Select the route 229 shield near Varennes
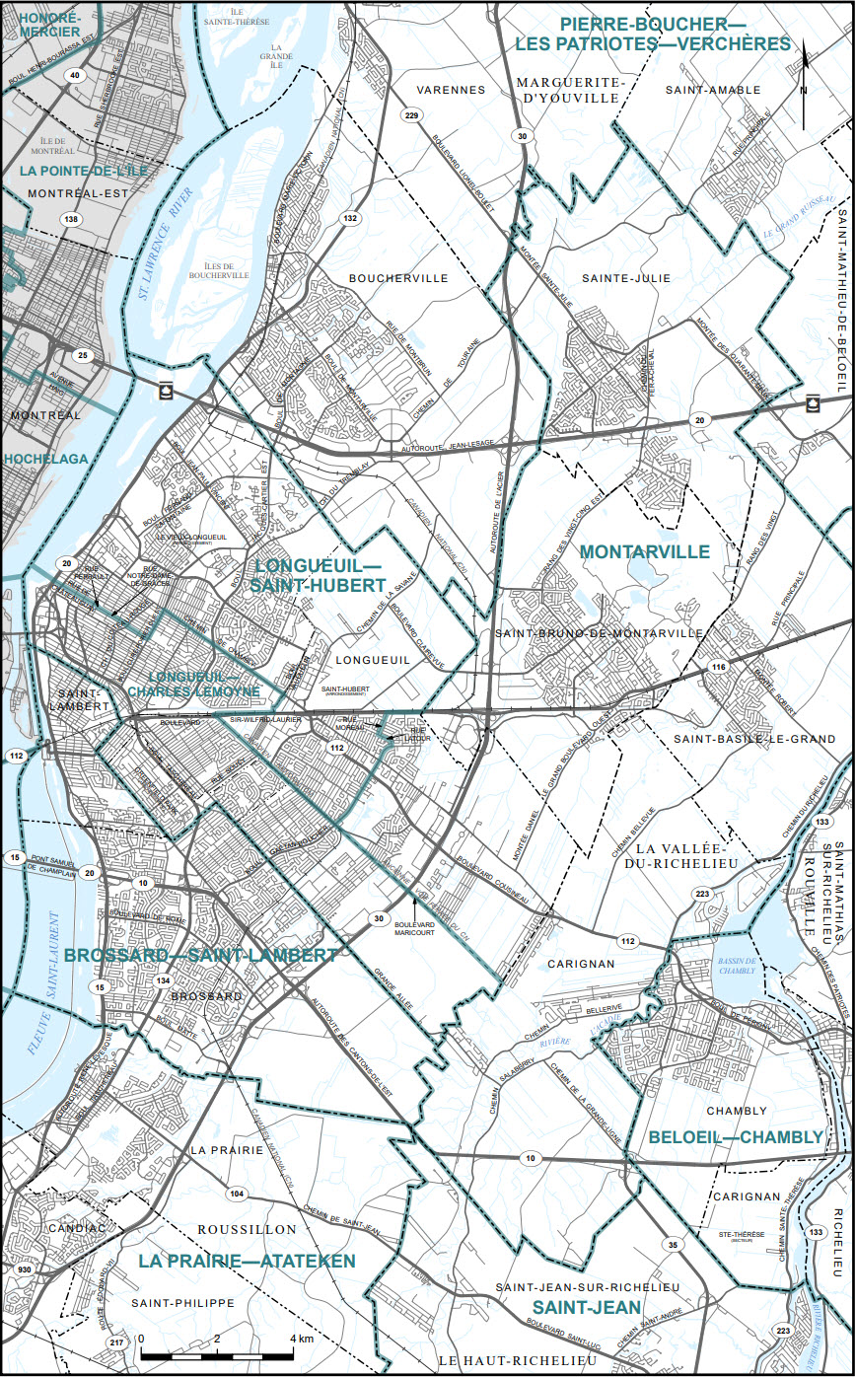tap(411, 116)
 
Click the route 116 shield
tap(718, 669)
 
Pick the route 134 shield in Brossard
tap(164, 980)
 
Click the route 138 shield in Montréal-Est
tap(70, 219)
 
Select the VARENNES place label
tap(451, 90)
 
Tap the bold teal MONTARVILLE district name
tap(645, 551)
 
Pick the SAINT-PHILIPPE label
tap(183, 1302)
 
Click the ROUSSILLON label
tap(247, 1229)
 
